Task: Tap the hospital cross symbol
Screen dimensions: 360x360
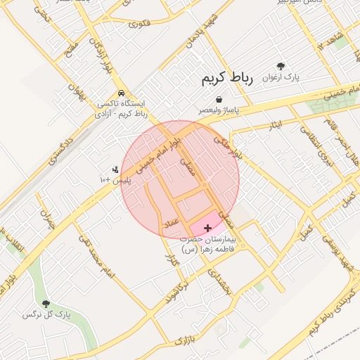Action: click(x=207, y=229)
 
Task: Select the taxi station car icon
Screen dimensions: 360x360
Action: click(x=122, y=93)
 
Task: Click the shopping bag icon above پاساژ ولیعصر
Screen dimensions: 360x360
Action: click(x=219, y=100)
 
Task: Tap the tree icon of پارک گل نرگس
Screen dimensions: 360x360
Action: click(x=46, y=304)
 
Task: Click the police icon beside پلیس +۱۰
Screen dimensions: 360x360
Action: click(x=115, y=169)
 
